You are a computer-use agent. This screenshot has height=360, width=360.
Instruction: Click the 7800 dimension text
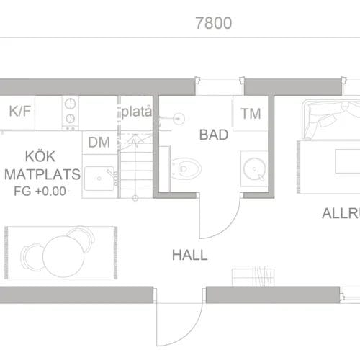click(213, 23)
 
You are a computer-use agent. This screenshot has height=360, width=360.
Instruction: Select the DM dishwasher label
click(99, 143)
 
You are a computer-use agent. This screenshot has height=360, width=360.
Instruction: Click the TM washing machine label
click(251, 113)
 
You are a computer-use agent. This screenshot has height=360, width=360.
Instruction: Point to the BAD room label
click(214, 135)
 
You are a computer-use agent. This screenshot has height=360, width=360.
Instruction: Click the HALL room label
click(189, 255)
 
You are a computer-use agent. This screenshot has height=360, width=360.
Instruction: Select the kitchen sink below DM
click(99, 176)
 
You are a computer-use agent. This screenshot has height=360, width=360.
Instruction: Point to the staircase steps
click(136, 169)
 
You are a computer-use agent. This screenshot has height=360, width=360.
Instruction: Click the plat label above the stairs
click(136, 112)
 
